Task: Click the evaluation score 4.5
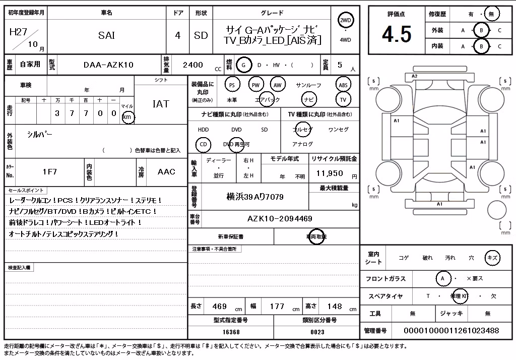pos(397,34)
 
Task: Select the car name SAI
pos(106,35)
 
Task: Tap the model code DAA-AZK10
pos(109,65)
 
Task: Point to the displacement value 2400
pos(193,65)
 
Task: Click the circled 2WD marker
pos(345,20)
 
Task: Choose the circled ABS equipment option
pos(343,85)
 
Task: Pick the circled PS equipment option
pos(232,85)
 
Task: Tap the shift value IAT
pos(161,104)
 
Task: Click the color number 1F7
pos(50,171)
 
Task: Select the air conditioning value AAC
pos(166,171)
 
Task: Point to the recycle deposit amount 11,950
pos(330,173)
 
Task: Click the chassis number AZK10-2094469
pos(280,218)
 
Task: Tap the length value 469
pos(220,307)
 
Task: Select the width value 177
pos(277,307)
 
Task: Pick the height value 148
pos(335,307)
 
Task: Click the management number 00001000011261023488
pos(451,330)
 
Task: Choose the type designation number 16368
pos(231,332)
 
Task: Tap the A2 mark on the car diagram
pos(414,76)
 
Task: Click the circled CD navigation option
pos(204,144)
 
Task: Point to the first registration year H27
pos(19,32)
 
